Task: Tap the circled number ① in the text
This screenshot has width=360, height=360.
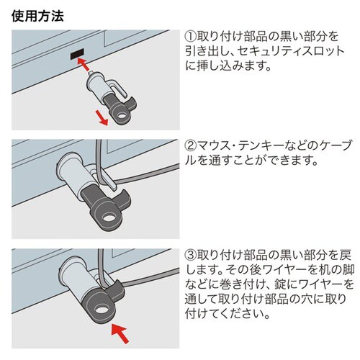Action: pyautogui.click(x=192, y=36)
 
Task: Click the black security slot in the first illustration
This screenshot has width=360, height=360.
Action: pyautogui.click(x=76, y=55)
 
